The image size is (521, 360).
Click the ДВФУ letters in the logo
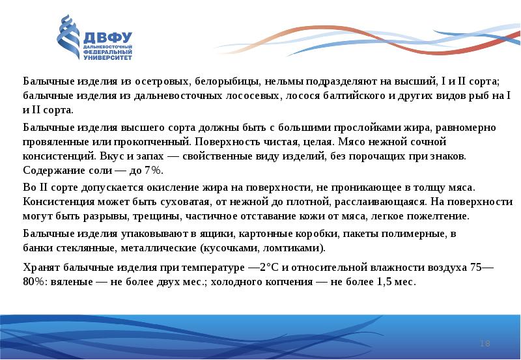click(106, 37)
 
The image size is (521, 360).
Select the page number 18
click(485, 343)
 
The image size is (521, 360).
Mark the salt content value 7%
click(152, 170)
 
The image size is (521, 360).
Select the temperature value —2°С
click(267, 268)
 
